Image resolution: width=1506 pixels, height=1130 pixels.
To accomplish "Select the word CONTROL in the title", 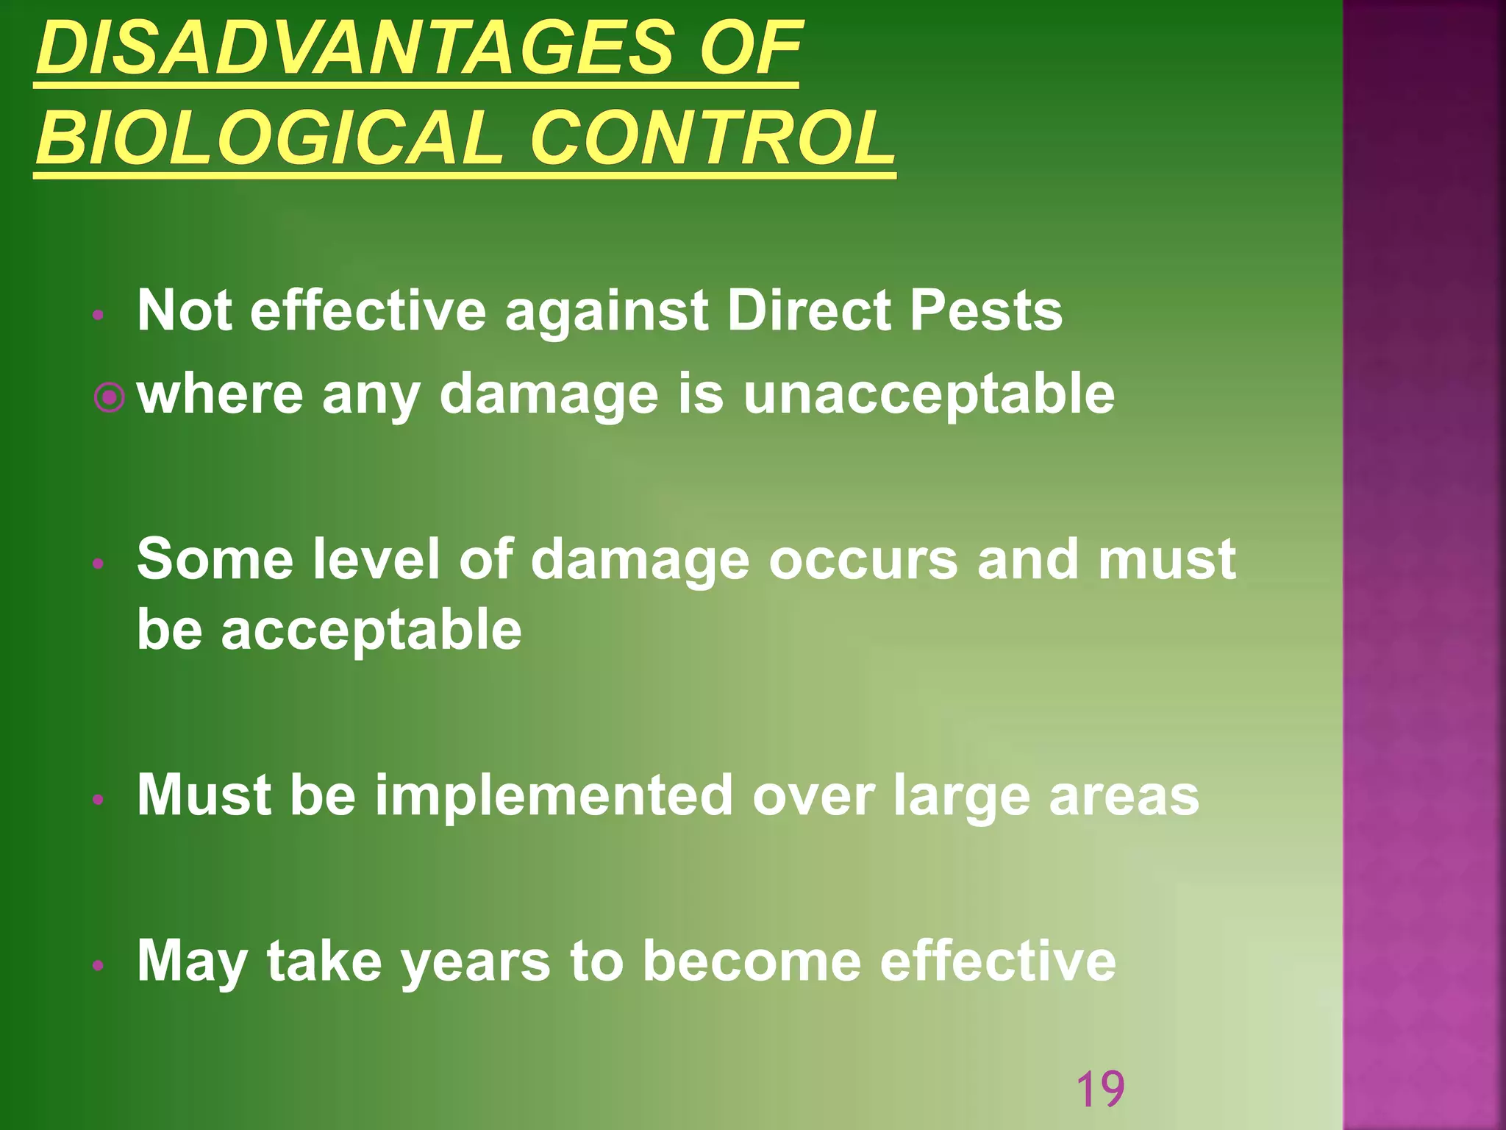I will coord(712,138).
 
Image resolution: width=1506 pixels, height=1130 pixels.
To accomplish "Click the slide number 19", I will coord(1100,1090).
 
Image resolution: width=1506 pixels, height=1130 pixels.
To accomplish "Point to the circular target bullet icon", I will coord(110,399).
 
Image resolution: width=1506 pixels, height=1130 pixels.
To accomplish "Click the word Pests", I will coord(985,310).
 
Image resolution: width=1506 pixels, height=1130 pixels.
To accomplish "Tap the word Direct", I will coord(809,310).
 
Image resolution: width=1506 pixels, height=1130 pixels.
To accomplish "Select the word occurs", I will coord(863,560).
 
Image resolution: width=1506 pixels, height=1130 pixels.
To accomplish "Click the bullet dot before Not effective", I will coord(99,316).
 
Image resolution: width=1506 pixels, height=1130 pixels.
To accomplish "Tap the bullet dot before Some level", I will coord(99,565).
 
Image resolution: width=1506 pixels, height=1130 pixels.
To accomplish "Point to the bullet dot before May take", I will coord(99,965).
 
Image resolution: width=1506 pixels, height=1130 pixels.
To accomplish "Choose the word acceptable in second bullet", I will coord(371,631).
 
